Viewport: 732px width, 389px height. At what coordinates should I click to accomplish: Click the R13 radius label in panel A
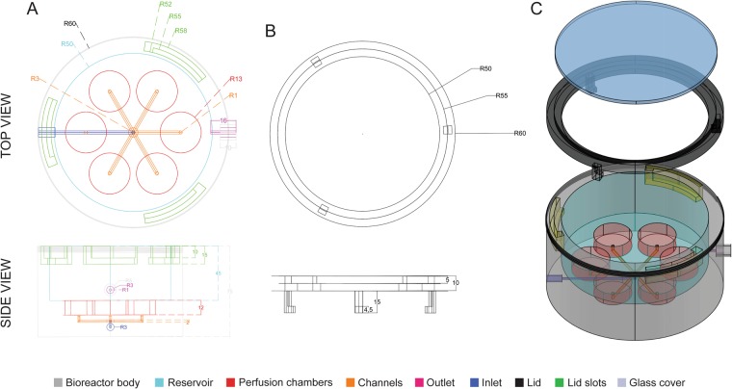(x=235, y=79)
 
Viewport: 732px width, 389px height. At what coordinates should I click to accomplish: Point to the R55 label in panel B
(x=500, y=96)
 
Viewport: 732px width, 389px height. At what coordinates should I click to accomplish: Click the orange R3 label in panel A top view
(x=36, y=78)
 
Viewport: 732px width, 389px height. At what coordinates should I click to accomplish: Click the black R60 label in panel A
(x=69, y=22)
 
